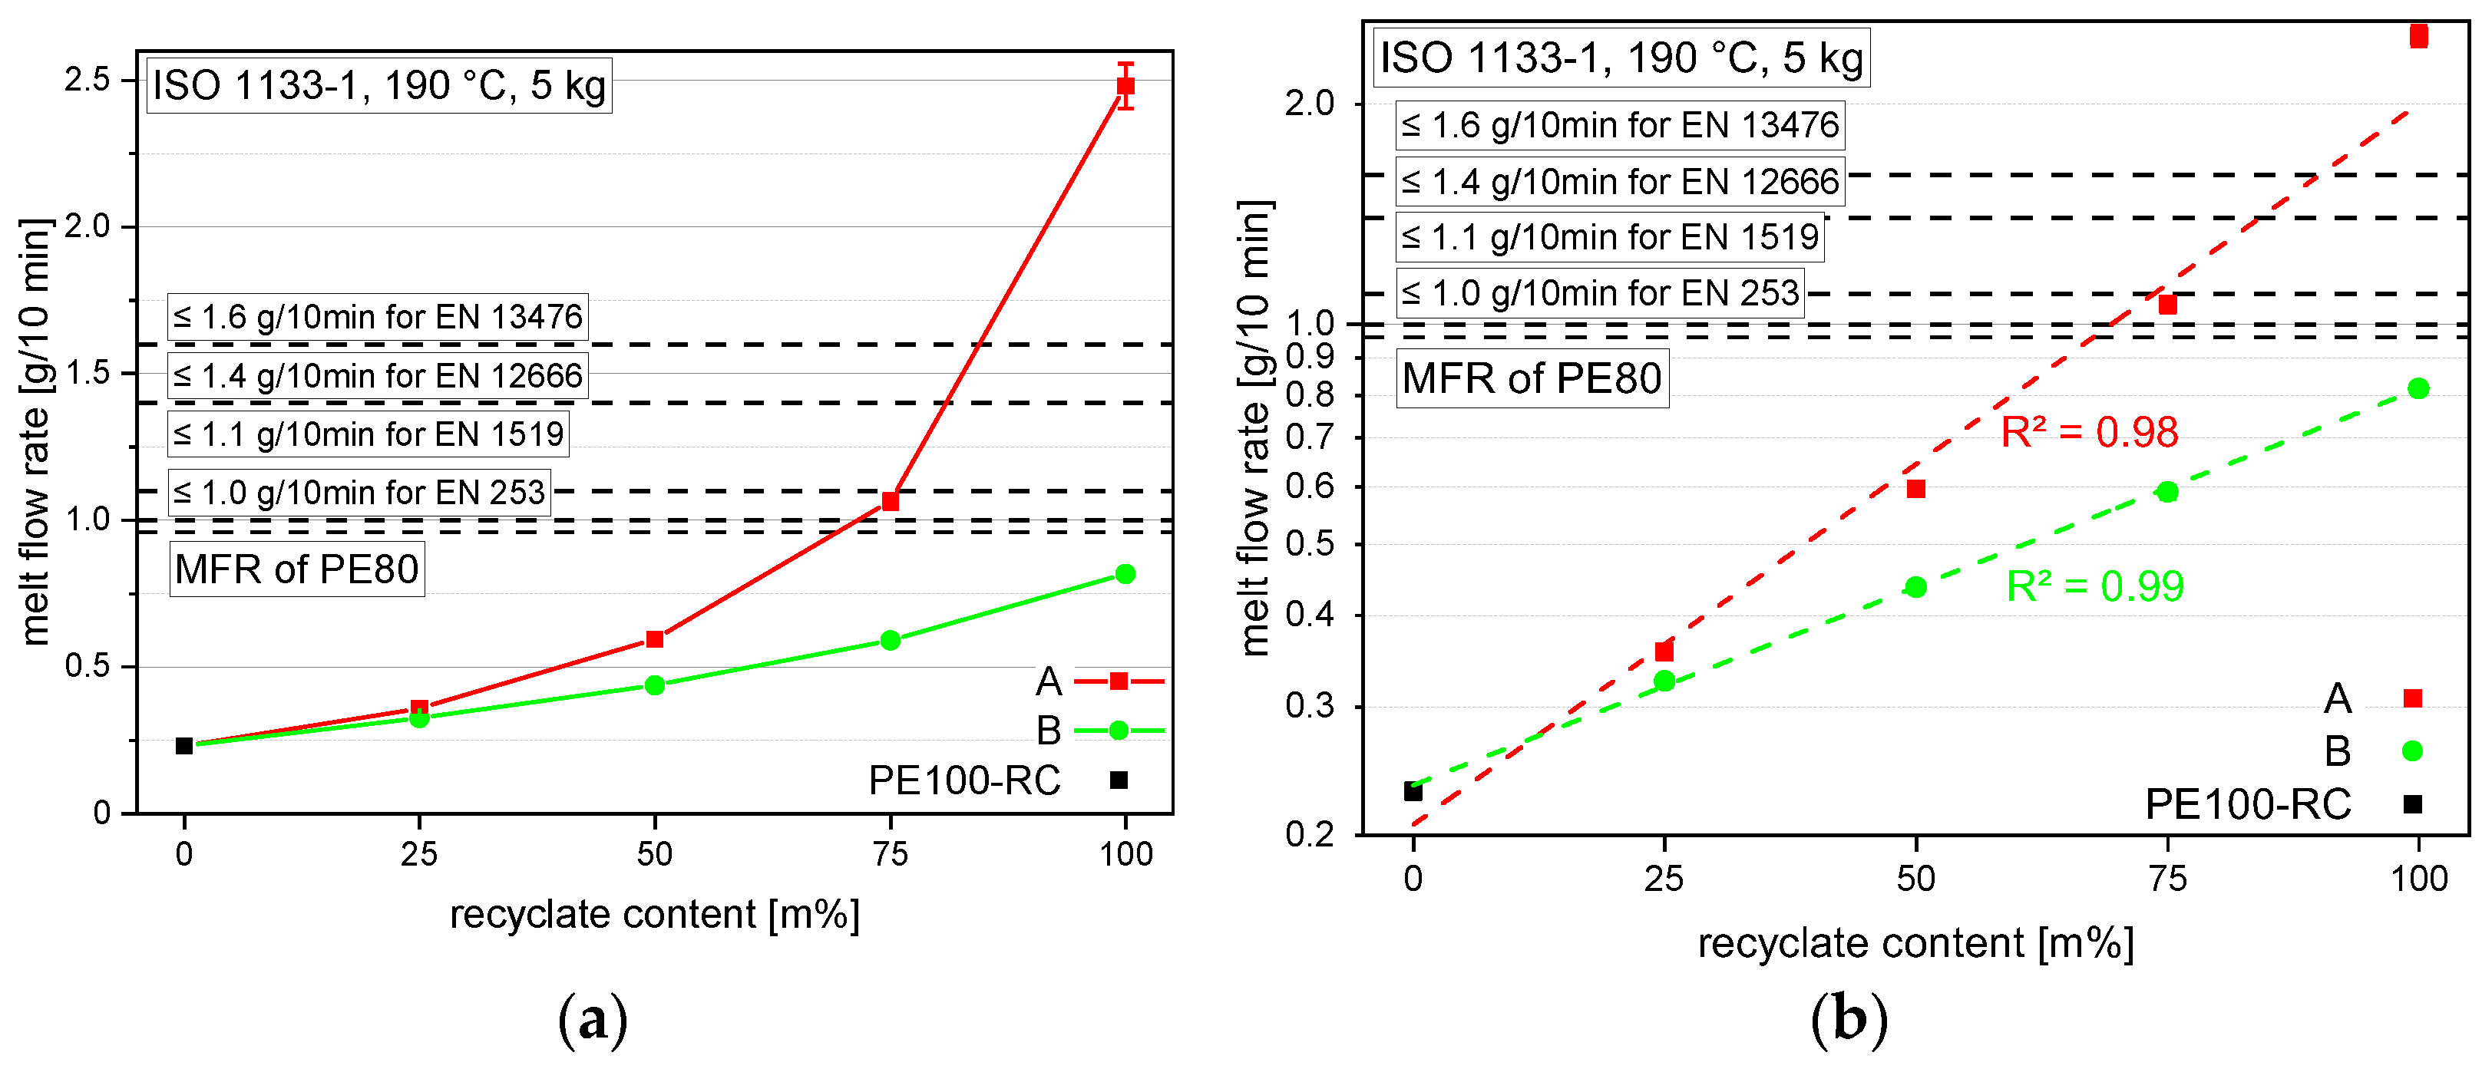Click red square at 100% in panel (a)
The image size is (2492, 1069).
1125,85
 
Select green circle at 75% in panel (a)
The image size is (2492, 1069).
890,641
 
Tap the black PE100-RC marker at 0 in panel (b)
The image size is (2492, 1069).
1413,791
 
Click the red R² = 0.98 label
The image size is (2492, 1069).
2089,433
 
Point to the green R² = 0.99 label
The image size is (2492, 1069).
2094,587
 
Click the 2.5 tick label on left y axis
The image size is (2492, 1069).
87,79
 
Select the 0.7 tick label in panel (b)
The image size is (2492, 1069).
1310,438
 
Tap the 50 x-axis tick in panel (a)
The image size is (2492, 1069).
654,854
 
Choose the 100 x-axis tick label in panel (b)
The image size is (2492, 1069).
2418,879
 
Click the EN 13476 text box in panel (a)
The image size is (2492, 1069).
377,317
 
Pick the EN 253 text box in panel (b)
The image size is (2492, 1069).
1600,293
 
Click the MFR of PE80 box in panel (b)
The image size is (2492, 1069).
1532,378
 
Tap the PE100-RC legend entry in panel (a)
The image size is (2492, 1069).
996,780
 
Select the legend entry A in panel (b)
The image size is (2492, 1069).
2370,698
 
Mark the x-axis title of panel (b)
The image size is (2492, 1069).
1915,943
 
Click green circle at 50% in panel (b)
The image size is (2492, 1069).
1915,587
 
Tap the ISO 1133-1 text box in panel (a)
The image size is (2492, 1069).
378,86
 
